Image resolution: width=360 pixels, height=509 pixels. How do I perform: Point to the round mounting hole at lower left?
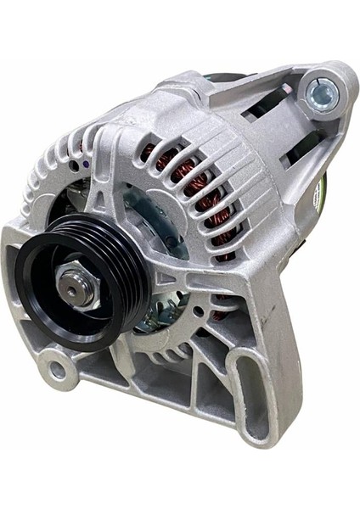coord(57,369)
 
